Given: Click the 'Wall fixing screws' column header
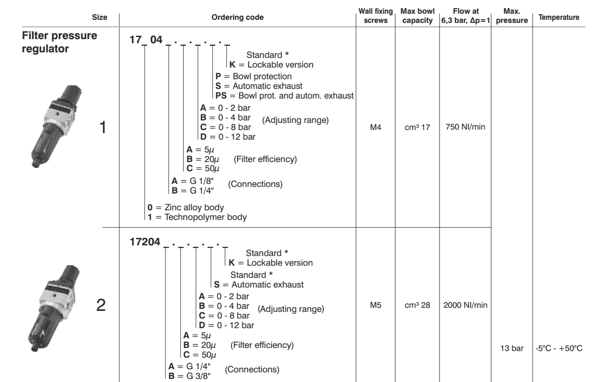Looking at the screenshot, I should click(x=376, y=16).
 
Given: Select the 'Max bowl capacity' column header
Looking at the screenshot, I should click(x=417, y=16).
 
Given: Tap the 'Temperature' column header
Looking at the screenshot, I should click(x=558, y=17).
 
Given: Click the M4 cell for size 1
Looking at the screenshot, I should click(x=376, y=127).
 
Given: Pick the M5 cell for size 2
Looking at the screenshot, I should click(x=376, y=305).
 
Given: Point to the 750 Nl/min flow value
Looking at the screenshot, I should click(x=465, y=127).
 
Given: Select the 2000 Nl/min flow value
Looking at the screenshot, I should click(x=465, y=305).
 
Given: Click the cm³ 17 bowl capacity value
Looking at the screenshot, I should click(x=417, y=128).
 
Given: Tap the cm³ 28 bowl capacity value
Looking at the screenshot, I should click(x=417, y=305).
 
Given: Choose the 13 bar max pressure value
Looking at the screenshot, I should click(x=512, y=348).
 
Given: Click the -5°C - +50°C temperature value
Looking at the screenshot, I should click(x=558, y=348).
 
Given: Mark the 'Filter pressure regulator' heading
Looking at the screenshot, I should click(x=59, y=42).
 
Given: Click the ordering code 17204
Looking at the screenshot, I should click(x=145, y=242).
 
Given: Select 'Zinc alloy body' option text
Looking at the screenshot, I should click(x=186, y=207).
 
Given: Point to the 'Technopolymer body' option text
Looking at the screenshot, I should click(x=197, y=217).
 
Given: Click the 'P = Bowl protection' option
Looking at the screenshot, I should click(x=253, y=76).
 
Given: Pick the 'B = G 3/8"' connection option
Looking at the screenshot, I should click(x=189, y=376).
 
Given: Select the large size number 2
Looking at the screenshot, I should click(x=101, y=305).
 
